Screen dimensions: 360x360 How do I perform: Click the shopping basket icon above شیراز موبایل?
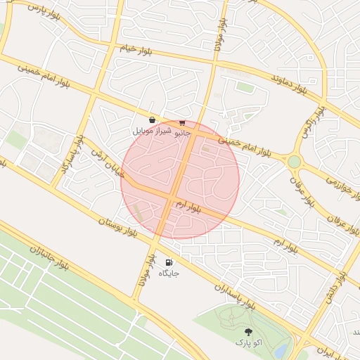coord(152,120)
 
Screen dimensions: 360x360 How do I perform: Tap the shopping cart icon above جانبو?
coord(182,122)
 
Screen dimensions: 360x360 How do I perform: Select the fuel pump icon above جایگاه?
coord(168,262)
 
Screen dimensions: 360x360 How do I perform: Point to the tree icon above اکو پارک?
coord(247,331)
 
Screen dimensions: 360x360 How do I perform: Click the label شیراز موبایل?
coord(150,131)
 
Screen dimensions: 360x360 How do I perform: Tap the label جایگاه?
coord(169,273)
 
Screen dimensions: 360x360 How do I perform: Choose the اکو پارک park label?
coord(247,342)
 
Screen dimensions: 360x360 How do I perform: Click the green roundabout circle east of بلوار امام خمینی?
coord(294,162)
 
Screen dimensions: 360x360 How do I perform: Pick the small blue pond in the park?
coord(281,349)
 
